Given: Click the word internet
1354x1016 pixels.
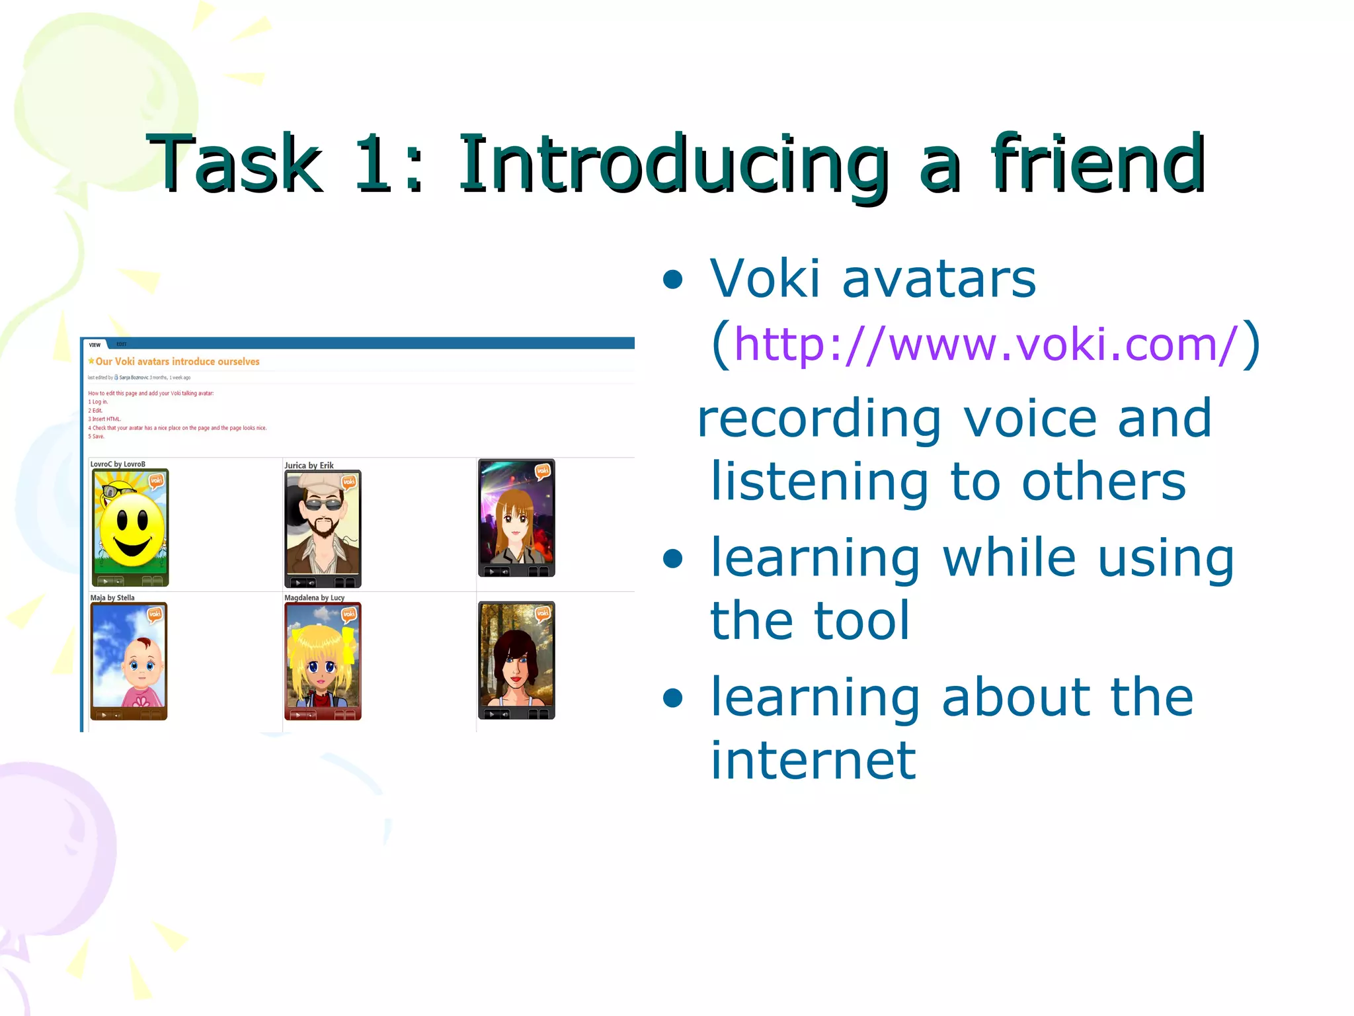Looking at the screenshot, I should click(813, 761).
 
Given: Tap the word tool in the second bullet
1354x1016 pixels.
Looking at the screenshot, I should click(862, 621).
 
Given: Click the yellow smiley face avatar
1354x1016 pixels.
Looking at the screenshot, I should click(130, 527).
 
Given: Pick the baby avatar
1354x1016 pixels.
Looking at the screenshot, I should click(129, 661).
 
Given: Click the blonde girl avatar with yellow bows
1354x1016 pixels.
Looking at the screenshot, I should click(323, 661).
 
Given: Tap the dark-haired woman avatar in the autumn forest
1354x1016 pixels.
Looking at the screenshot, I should click(516, 659).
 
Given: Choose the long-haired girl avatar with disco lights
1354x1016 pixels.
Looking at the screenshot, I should click(516, 518).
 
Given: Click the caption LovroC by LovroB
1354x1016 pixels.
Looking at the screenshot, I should click(118, 464).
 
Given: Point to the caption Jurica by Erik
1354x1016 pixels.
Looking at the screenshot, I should click(309, 466).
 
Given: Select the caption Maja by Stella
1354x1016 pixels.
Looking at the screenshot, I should click(112, 598).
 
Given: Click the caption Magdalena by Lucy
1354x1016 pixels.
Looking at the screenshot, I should click(314, 598).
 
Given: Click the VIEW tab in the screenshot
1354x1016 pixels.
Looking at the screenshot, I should click(95, 345).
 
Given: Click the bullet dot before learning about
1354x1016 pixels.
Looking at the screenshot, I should click(672, 698).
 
